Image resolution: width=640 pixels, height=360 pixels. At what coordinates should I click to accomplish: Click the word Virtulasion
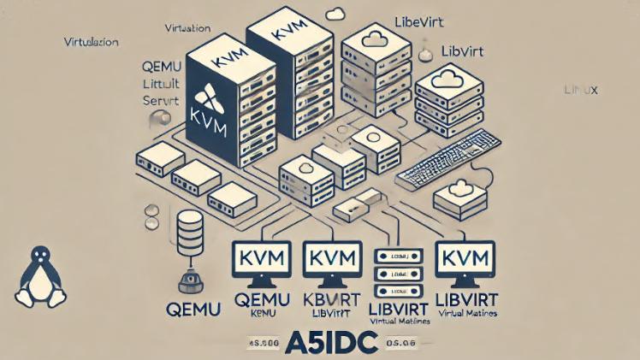91,41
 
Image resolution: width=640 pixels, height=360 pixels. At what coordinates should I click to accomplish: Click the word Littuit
157,84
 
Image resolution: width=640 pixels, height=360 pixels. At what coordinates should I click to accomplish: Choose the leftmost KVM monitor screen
261,258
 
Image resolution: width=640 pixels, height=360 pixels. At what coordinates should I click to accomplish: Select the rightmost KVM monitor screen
467,257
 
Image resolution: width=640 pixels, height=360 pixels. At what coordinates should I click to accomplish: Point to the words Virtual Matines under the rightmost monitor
466,314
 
